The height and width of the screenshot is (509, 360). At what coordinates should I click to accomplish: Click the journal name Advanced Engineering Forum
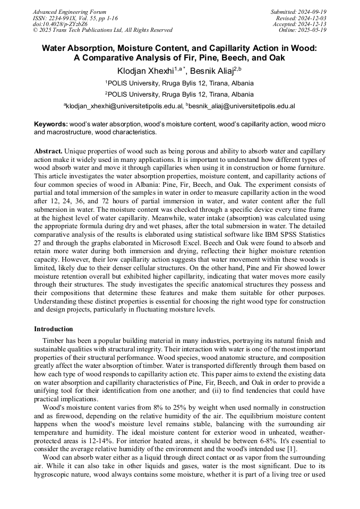coord(69,12)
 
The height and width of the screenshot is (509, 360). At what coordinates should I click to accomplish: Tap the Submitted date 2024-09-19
coord(312,12)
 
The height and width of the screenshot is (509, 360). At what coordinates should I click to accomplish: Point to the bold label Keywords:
coord(50,124)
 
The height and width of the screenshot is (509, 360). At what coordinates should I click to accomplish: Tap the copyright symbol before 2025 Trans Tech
coord(35,31)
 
